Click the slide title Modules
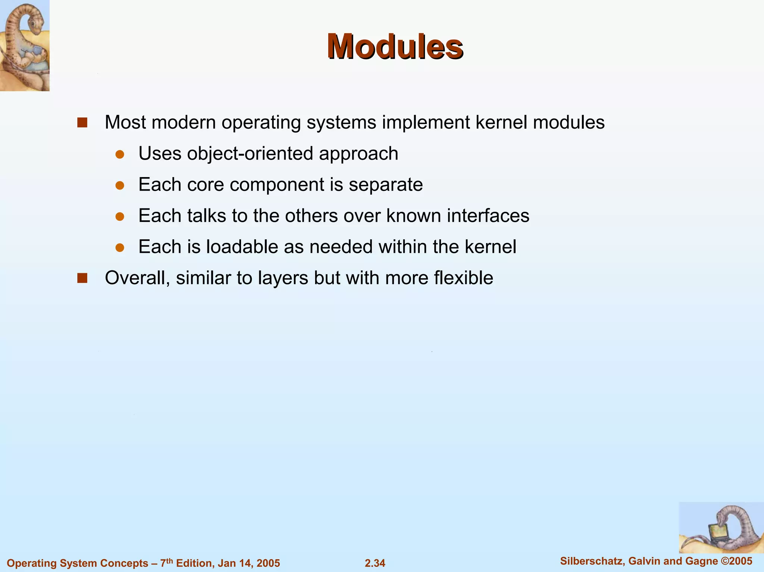pyautogui.click(x=395, y=47)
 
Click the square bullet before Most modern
pyautogui.click(x=82, y=123)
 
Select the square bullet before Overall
pyautogui.click(x=82, y=278)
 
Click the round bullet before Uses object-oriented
pyautogui.click(x=120, y=154)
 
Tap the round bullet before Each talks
pyautogui.click(x=120, y=217)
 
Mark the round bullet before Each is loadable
pyautogui.click(x=120, y=248)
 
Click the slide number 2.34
pyautogui.click(x=375, y=563)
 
